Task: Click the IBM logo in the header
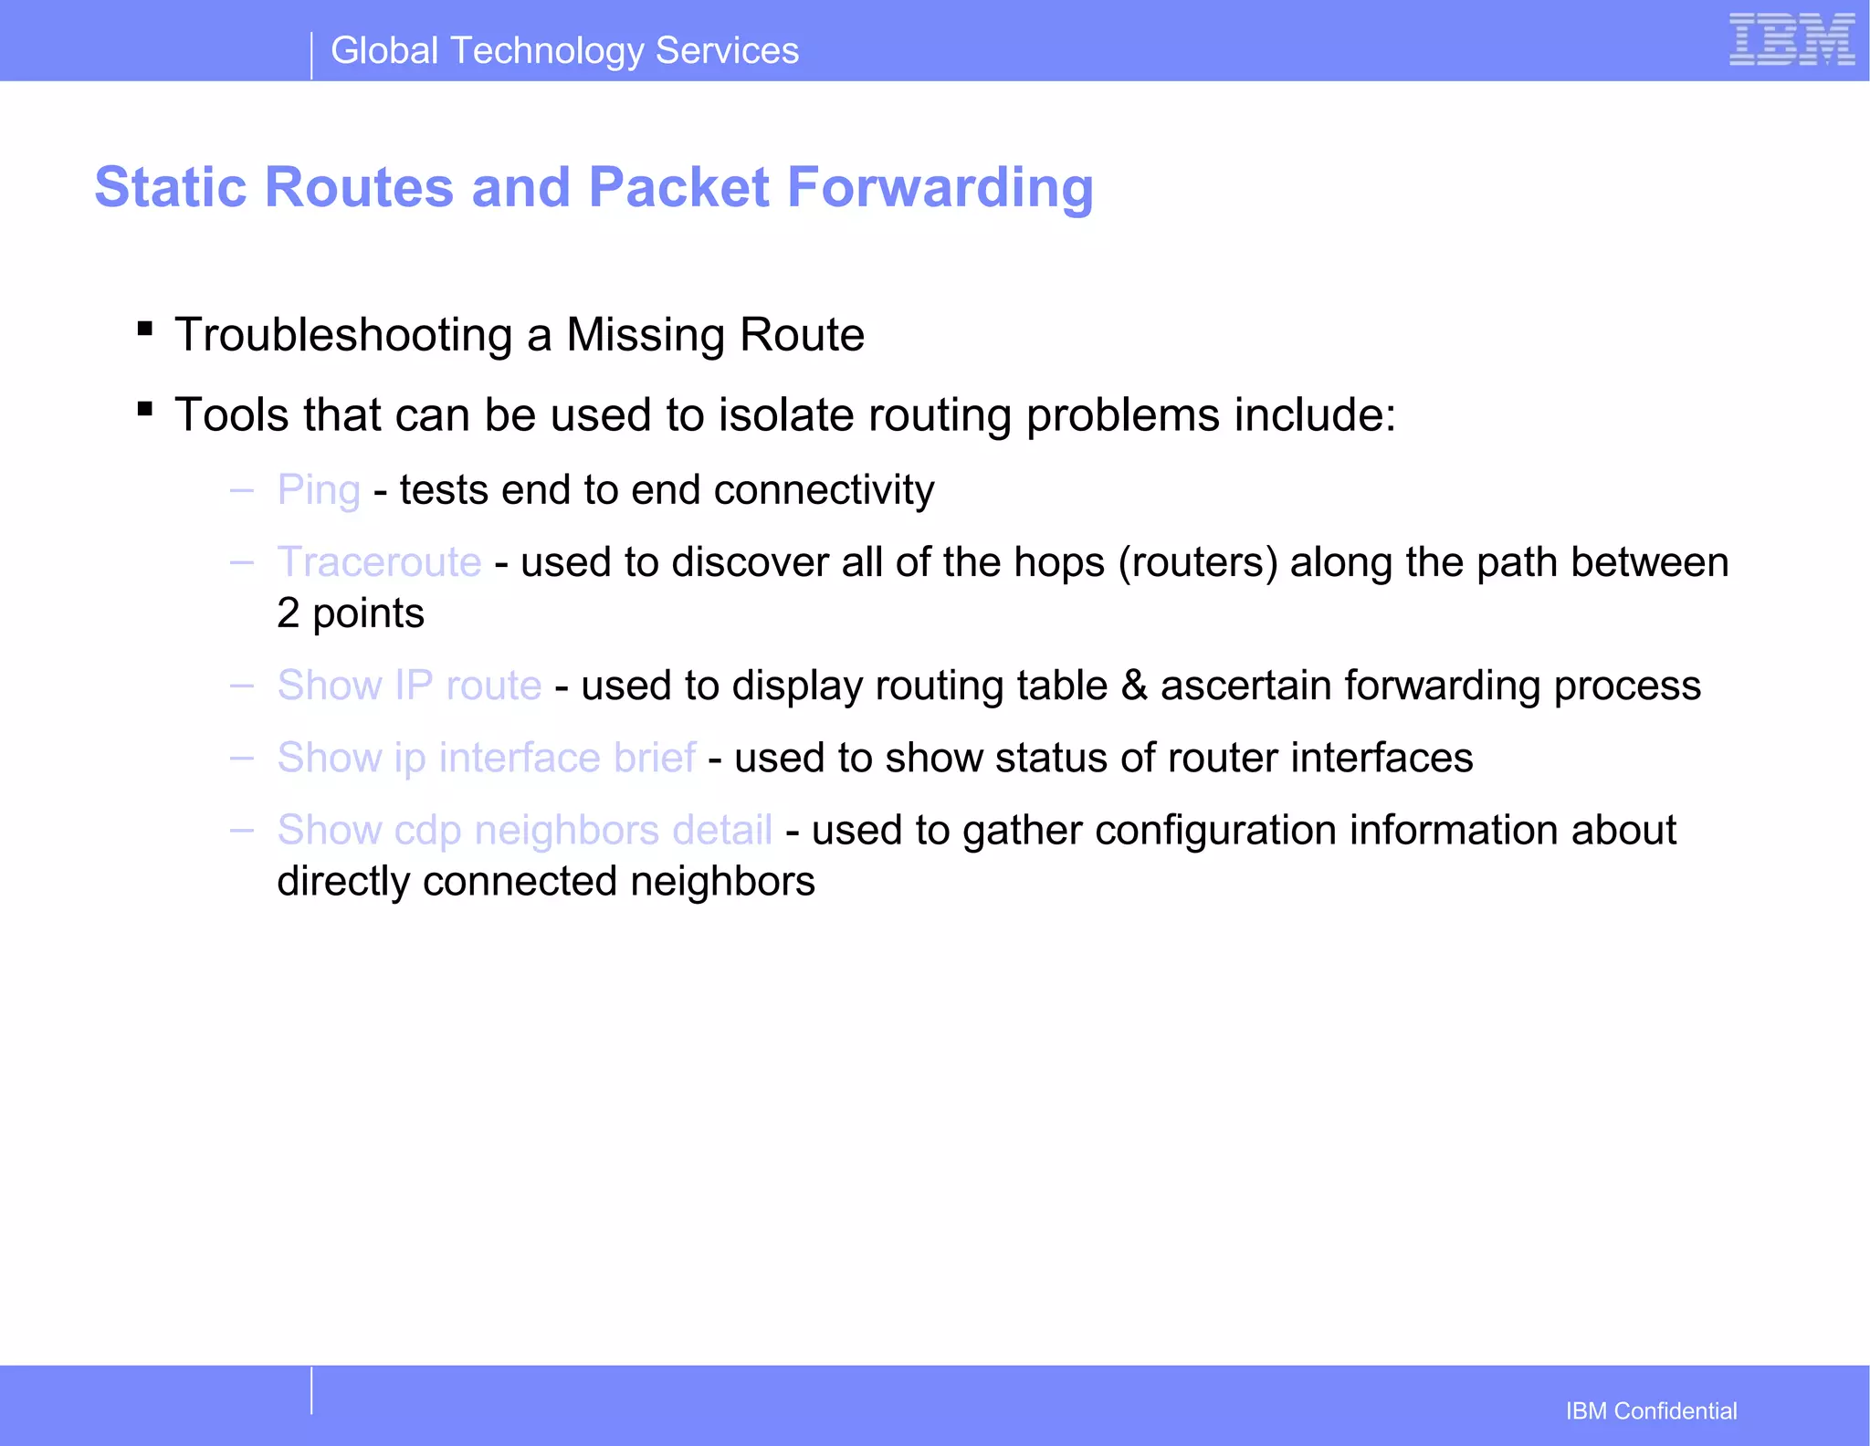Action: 1791,40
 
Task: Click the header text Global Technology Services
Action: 564,51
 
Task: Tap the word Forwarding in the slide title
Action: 940,187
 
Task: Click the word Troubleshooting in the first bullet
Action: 343,335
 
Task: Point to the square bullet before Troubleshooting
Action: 144,328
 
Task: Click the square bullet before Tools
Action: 144,408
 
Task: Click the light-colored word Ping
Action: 319,490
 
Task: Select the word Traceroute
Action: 379,562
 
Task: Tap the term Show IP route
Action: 409,686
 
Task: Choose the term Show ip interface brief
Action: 487,758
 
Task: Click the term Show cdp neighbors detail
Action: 525,831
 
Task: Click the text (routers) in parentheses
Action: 1197,562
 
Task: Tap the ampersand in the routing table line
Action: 1133,686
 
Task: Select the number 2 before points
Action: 288,613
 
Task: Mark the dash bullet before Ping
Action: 242,490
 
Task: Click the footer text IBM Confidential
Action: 1651,1411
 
